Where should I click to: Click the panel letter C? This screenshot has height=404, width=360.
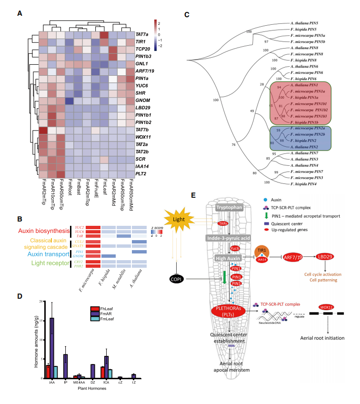pos(187,14)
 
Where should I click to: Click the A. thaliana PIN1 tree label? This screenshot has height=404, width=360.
pos(303,84)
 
